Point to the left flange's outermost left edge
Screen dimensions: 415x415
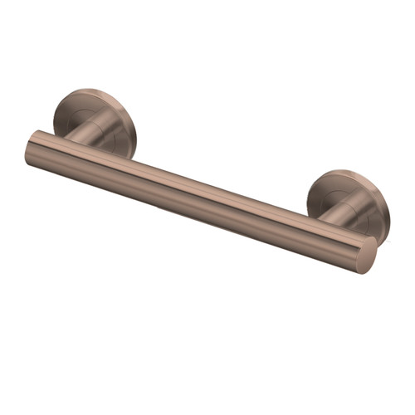55,116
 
